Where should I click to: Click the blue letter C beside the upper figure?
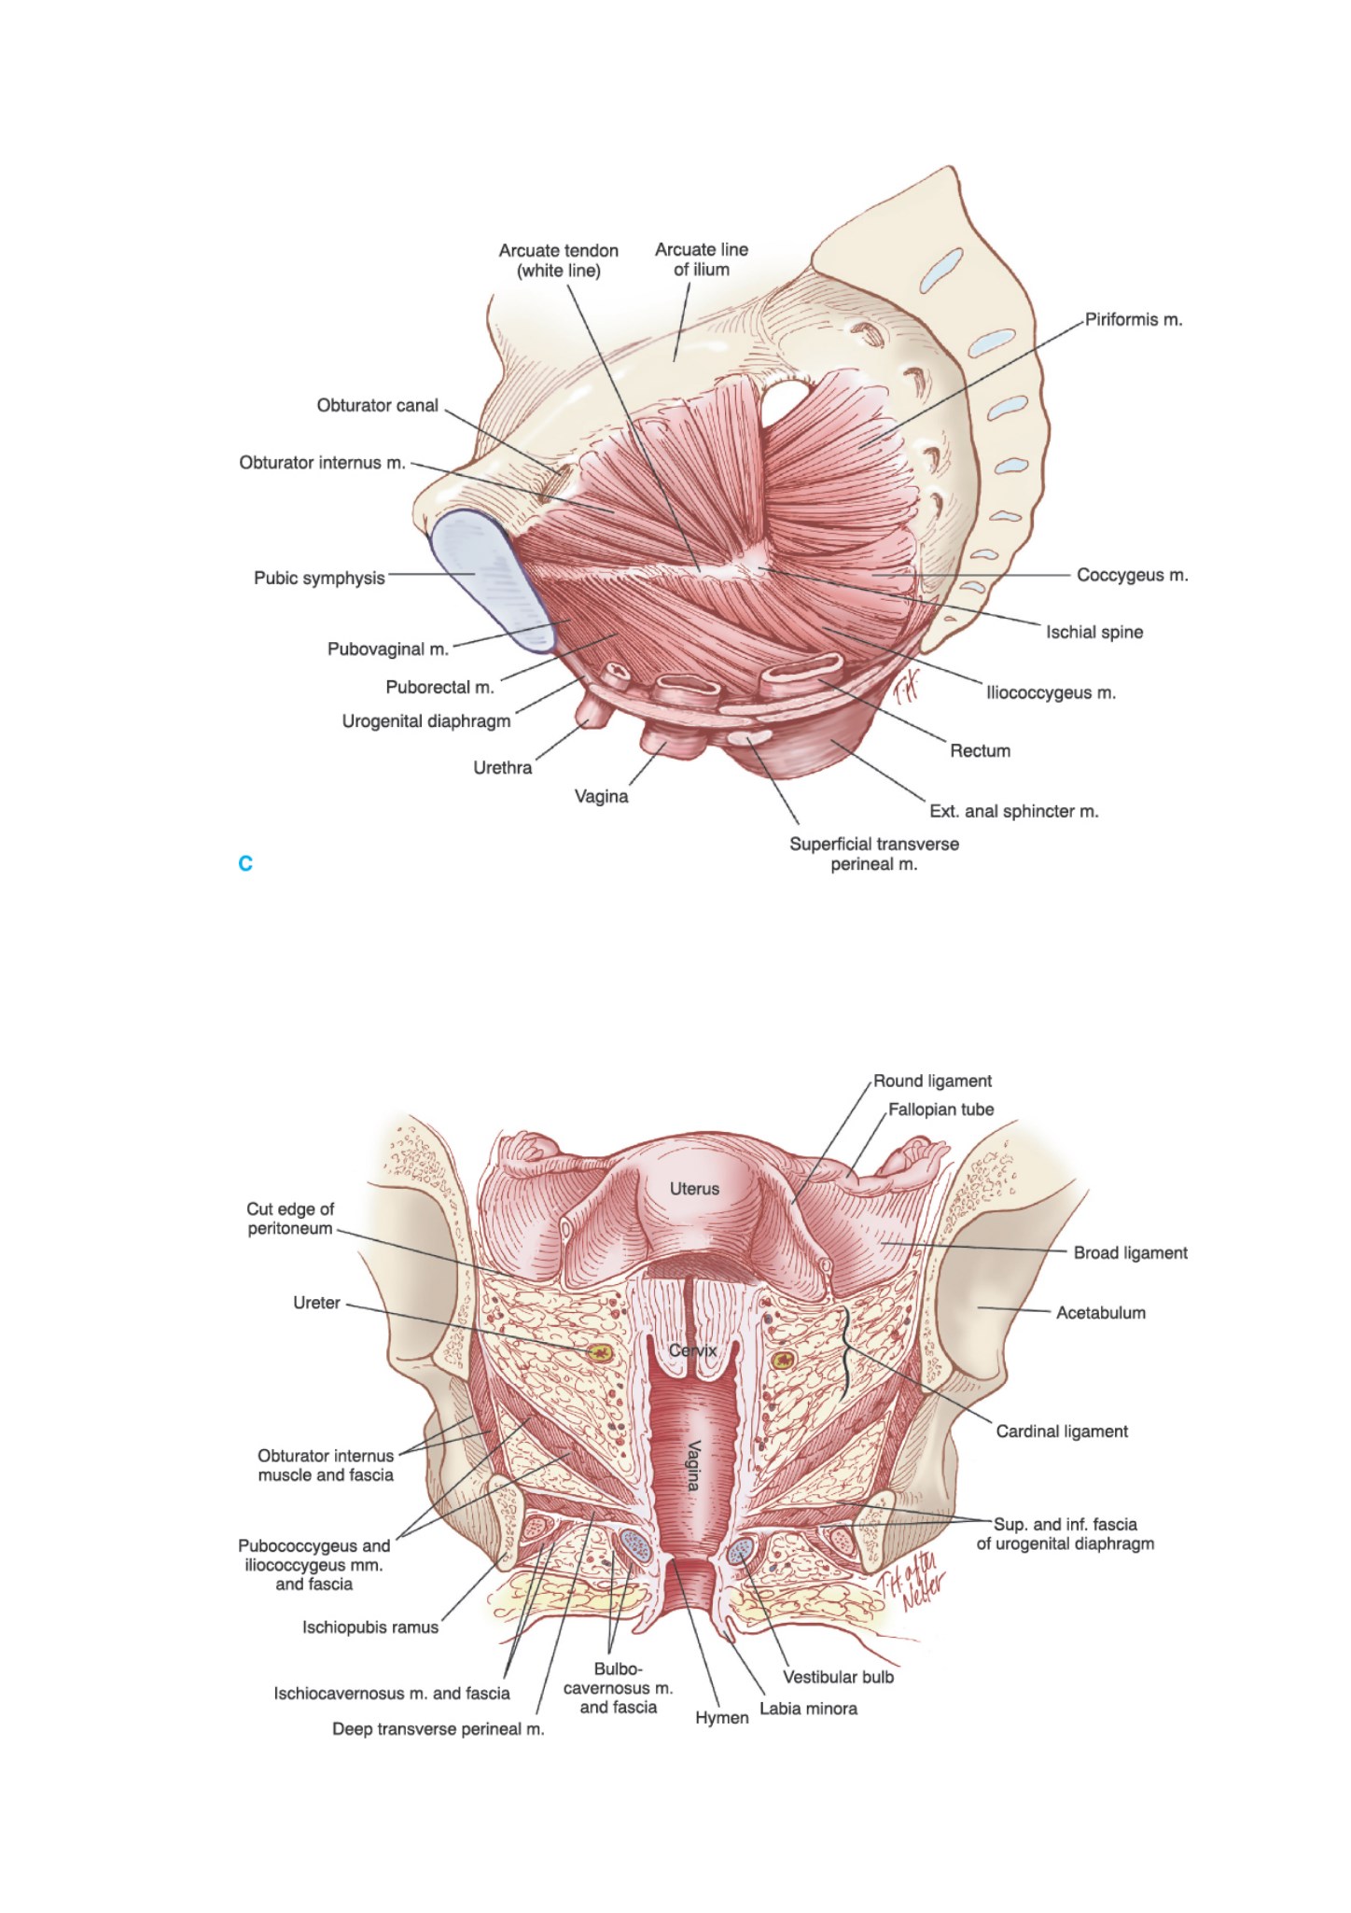click(x=245, y=863)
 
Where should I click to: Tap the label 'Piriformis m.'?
click(x=1134, y=319)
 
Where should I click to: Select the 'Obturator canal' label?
click(x=377, y=405)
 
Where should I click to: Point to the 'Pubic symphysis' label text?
click(x=319, y=578)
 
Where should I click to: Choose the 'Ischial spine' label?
click(x=1094, y=632)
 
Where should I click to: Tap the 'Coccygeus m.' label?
click(x=1133, y=575)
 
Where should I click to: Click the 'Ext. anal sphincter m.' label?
click(x=1014, y=811)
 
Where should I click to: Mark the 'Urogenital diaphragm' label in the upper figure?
click(x=426, y=721)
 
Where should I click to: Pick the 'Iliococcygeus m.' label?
click(x=1052, y=692)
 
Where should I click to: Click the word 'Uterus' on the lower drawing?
click(x=694, y=1189)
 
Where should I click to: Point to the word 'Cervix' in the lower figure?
click(x=692, y=1350)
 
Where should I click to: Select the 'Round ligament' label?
click(x=932, y=1081)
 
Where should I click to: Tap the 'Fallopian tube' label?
click(x=940, y=1110)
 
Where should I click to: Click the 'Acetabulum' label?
click(x=1101, y=1312)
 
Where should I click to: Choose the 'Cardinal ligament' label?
click(x=1062, y=1431)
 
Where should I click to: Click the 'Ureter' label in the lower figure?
click(x=316, y=1303)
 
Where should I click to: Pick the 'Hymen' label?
click(x=722, y=1717)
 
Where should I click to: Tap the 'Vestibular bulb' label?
click(x=838, y=1677)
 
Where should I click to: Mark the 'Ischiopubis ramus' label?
click(x=370, y=1627)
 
